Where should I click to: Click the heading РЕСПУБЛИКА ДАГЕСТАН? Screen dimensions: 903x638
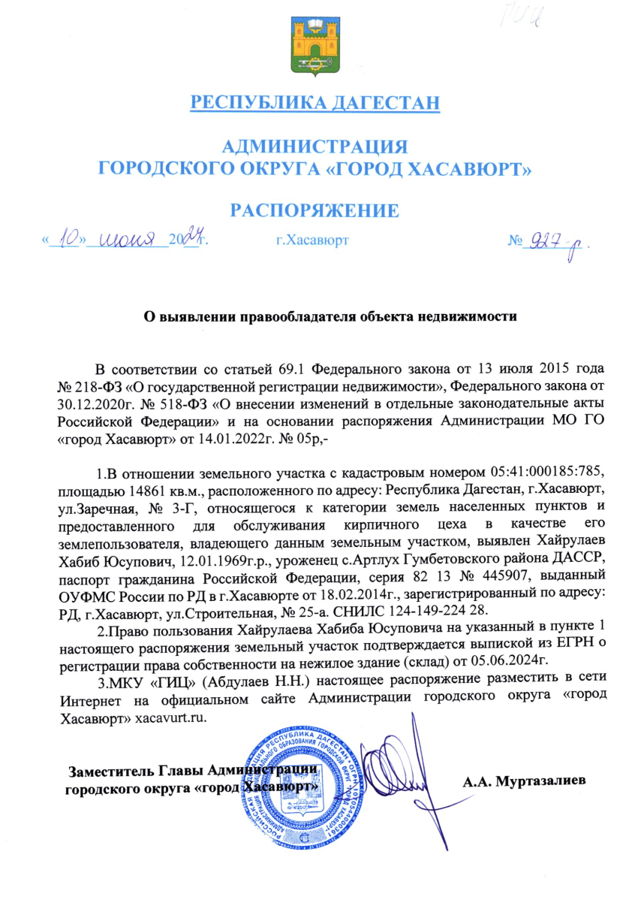point(314,101)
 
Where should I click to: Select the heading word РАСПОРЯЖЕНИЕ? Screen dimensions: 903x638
point(314,210)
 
